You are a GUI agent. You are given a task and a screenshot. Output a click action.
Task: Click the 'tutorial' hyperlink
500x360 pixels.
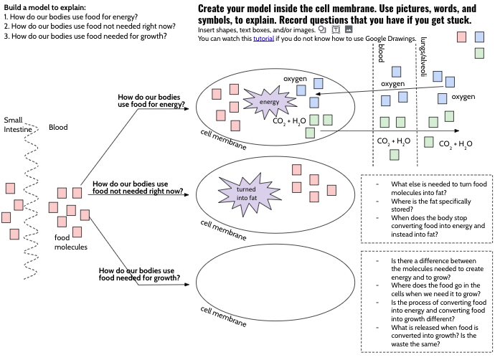[263, 39]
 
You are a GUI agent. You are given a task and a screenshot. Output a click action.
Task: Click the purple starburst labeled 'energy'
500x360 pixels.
[270, 102]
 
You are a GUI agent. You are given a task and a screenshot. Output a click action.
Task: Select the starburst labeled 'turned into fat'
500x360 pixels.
[249, 194]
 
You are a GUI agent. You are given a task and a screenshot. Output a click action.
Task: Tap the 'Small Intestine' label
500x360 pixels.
[17, 125]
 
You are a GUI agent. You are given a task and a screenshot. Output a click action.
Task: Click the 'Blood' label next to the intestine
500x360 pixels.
[58, 127]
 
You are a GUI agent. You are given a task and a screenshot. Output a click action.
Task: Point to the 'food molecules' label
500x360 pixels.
[70, 242]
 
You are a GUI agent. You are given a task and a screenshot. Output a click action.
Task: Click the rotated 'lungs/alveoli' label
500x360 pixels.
[423, 57]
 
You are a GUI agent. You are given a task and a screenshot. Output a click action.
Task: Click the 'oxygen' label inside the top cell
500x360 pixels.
[295, 79]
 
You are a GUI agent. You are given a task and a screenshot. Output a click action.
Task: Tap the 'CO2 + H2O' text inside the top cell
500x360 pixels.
[289, 121]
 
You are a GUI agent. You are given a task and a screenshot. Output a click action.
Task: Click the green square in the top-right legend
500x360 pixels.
[479, 53]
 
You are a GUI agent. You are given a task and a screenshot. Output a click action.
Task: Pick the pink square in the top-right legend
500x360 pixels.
[461, 37]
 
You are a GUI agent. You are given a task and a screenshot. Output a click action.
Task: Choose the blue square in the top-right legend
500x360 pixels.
[479, 37]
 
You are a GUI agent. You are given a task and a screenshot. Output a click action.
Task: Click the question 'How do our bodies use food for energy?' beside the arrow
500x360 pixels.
[151, 100]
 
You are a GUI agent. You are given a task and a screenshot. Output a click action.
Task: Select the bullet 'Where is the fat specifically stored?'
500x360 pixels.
[431, 205]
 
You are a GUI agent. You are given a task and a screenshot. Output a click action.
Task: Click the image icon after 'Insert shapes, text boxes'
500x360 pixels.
[349, 29]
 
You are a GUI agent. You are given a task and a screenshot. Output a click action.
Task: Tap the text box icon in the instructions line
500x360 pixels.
[336, 29]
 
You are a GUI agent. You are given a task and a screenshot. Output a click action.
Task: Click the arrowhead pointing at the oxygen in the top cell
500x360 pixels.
[317, 94]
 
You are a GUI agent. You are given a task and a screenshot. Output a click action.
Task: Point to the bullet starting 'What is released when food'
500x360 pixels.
[435, 336]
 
